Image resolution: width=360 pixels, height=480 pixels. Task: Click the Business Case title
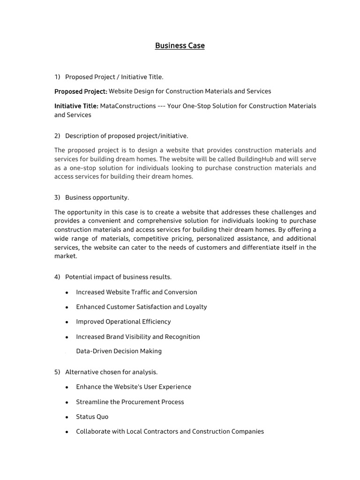pyautogui.click(x=180, y=46)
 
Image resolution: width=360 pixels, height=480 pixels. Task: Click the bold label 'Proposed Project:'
pyautogui.click(x=81, y=91)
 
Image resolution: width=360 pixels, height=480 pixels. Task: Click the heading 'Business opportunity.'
pyautogui.click(x=97, y=197)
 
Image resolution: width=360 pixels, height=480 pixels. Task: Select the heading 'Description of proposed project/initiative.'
pyautogui.click(x=127, y=135)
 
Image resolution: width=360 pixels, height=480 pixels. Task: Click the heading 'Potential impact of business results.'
pyautogui.click(x=119, y=277)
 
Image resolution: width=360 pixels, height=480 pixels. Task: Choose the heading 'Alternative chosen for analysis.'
pyautogui.click(x=112, y=372)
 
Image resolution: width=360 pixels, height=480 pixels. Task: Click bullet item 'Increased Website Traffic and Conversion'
pyautogui.click(x=136, y=292)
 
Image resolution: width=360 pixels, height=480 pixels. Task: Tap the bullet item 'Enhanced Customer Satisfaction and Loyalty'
pyautogui.click(x=141, y=307)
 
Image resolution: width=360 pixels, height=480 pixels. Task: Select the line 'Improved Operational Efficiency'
pyautogui.click(x=123, y=322)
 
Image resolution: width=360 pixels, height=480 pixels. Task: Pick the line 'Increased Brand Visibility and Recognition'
pyautogui.click(x=138, y=337)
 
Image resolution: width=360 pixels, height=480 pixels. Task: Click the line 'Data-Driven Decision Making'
pyautogui.click(x=119, y=351)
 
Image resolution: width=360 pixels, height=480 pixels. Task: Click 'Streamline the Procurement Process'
pyautogui.click(x=130, y=402)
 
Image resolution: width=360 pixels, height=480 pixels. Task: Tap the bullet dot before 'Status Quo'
pyautogui.click(x=67, y=417)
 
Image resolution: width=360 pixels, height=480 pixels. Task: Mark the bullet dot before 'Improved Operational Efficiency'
pyautogui.click(x=67, y=322)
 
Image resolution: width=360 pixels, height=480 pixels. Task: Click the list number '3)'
pyautogui.click(x=57, y=197)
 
